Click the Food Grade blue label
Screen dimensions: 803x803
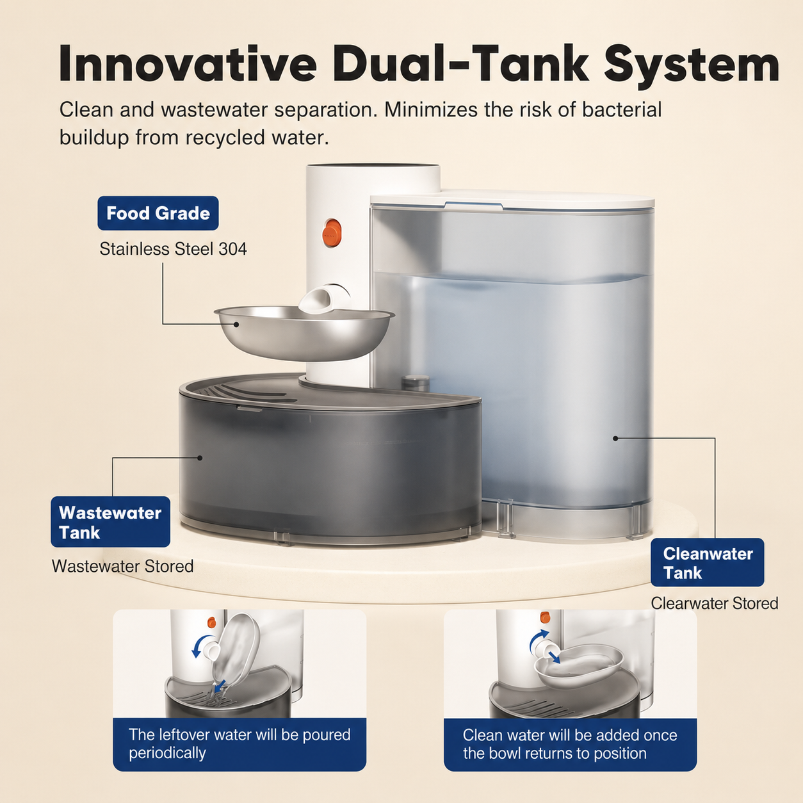[158, 213]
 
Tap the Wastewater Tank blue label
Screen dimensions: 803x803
[110, 522]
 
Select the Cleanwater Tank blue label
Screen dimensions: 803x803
[708, 563]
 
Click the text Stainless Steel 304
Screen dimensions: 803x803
[173, 249]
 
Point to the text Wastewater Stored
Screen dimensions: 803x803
[122, 566]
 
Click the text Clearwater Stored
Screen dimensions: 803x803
[715, 603]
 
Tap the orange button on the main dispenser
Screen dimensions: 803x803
[331, 233]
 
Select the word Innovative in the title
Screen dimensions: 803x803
[188, 65]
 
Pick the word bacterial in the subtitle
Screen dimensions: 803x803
[621, 110]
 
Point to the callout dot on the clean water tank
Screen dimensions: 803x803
[615, 438]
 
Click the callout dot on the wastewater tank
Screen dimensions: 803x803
[200, 458]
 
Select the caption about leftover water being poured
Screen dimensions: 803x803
[239, 744]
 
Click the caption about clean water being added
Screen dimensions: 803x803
[570, 744]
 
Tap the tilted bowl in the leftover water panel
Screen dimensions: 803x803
[236, 651]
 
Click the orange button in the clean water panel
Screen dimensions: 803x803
[545, 617]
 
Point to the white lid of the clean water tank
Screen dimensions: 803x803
[512, 200]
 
